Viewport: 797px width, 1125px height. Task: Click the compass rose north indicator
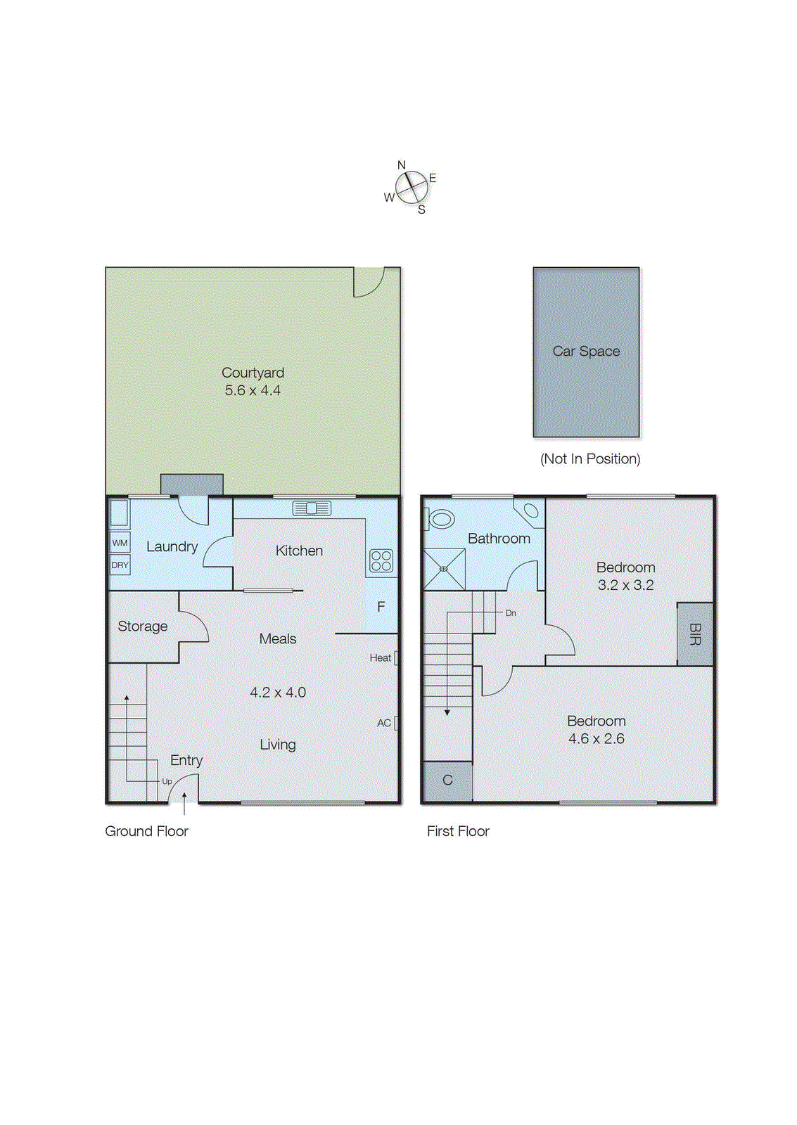(x=402, y=166)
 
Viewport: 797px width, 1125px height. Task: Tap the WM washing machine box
(x=120, y=543)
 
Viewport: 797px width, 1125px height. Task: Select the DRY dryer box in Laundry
(x=120, y=565)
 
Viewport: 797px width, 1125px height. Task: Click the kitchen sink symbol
(x=312, y=508)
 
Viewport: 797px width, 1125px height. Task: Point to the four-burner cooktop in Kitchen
(x=381, y=560)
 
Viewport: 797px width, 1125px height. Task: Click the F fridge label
(x=381, y=607)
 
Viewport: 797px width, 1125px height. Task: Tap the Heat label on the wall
(x=381, y=658)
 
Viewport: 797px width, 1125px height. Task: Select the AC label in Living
(x=384, y=723)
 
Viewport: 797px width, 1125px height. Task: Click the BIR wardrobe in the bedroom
(x=695, y=634)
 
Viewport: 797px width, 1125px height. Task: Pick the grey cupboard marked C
(x=447, y=780)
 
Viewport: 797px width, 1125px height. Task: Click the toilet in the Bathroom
(x=440, y=520)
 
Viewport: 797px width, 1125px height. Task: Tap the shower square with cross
(x=444, y=569)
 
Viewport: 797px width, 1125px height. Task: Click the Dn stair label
(x=511, y=613)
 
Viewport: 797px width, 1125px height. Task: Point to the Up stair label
(x=167, y=781)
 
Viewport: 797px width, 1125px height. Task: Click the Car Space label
(x=586, y=351)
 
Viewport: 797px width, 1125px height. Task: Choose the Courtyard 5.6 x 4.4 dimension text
(x=253, y=390)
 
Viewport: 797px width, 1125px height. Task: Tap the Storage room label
(x=143, y=626)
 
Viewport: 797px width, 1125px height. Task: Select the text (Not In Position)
(x=589, y=458)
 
